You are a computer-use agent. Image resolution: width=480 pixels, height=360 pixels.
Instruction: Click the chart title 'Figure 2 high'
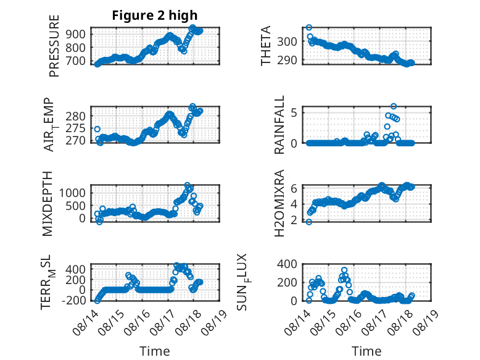155,15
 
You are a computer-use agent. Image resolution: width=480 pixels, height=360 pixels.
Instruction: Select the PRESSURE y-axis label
54,46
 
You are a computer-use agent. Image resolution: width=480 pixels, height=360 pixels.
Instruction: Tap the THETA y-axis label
266,46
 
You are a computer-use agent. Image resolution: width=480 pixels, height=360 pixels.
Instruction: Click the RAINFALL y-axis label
279,124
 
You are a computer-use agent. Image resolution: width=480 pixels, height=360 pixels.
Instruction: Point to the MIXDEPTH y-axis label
48,204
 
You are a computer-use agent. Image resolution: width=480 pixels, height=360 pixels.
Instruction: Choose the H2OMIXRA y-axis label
279,203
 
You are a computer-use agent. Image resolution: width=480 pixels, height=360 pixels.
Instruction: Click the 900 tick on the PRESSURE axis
76,34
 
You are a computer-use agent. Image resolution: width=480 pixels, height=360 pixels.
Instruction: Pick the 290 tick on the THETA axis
287,61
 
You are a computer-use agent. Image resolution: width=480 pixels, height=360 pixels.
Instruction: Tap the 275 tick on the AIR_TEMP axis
76,128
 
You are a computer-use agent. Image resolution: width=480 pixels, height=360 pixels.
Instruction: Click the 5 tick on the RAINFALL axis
294,113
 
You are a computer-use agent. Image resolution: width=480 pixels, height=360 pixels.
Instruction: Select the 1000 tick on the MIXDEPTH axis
73,193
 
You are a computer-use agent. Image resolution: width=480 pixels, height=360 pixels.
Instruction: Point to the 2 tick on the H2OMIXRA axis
294,220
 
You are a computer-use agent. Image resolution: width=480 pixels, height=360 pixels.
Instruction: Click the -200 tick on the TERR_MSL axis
74,300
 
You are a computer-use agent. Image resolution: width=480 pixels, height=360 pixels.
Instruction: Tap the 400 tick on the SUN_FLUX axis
287,264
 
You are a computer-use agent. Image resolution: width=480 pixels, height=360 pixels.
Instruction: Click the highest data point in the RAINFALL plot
394,106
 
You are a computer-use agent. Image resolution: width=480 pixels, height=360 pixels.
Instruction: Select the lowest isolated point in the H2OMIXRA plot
309,222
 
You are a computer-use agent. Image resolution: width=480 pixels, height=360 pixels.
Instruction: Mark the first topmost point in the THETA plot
309,28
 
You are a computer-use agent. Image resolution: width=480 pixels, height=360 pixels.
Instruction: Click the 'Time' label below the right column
366,351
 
